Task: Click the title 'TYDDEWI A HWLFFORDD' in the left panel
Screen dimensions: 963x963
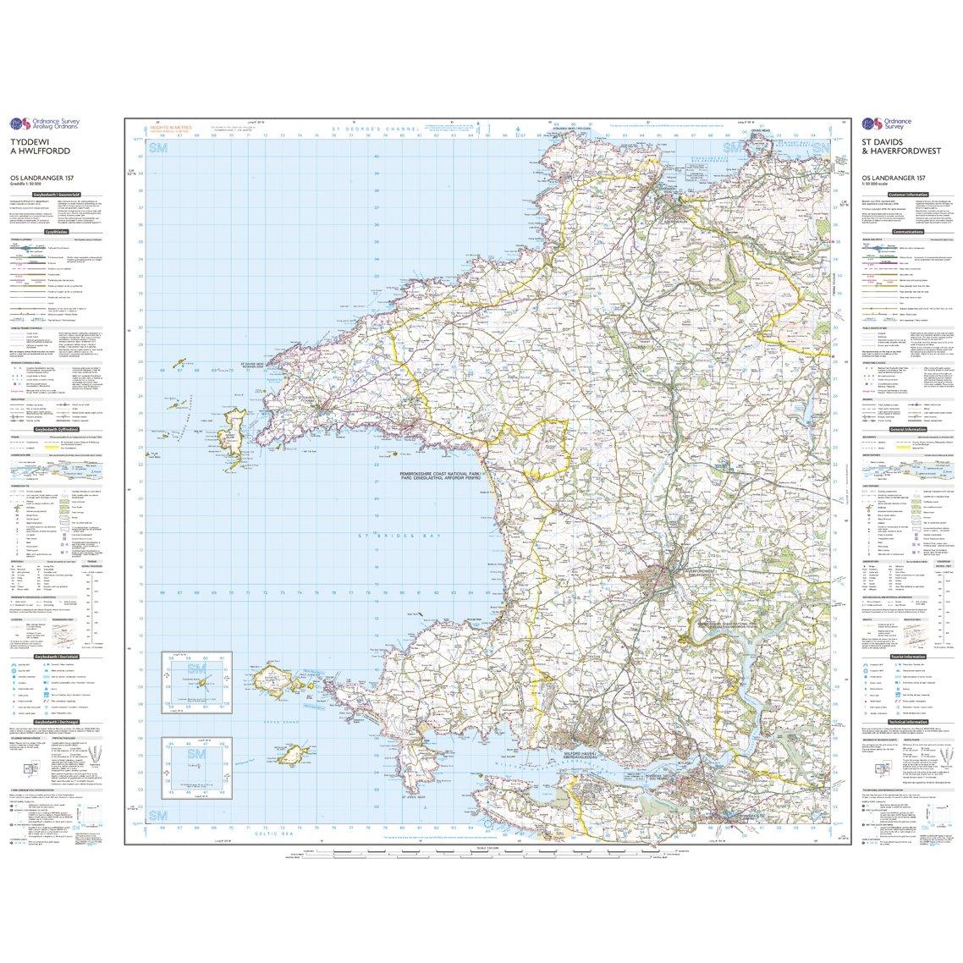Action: tap(40, 146)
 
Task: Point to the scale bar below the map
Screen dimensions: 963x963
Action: tap(482, 850)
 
